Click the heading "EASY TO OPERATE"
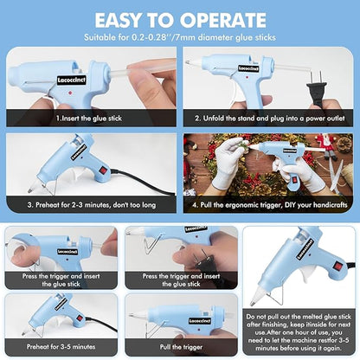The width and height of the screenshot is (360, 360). coord(180,19)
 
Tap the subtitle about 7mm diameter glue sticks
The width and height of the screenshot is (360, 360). coord(180,37)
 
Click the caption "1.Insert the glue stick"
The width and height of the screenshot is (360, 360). coord(90,117)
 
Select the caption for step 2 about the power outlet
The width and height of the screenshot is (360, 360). coord(270,117)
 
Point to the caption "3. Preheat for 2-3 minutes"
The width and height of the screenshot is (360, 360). coord(91,205)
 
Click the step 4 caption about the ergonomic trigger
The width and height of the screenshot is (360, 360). coord(270,205)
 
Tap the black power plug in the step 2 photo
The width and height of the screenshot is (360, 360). coord(317,79)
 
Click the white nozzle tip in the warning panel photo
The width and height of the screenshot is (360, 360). coord(256,299)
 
